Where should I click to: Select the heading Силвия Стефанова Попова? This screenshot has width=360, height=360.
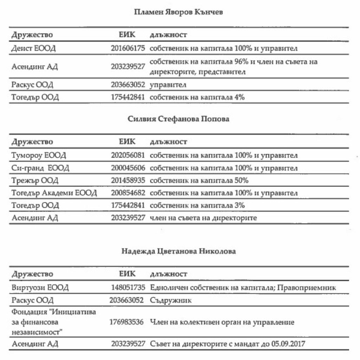(178, 119)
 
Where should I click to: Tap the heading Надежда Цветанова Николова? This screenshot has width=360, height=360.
(179, 251)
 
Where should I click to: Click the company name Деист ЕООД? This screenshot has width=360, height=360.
(34, 48)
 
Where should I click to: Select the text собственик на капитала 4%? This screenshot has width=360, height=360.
(197, 97)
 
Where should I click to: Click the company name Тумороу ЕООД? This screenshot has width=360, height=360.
(39, 155)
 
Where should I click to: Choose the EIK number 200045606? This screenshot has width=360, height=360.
(128, 168)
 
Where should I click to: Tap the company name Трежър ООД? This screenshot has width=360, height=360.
(35, 181)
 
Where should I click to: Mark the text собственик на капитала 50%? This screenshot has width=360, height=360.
(199, 181)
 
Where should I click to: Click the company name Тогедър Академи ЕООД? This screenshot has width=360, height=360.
(54, 193)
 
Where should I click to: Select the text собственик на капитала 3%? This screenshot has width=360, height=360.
(197, 205)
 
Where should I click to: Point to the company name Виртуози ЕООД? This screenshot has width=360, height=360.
(40, 288)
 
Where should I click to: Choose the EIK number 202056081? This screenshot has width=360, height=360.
(128, 155)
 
